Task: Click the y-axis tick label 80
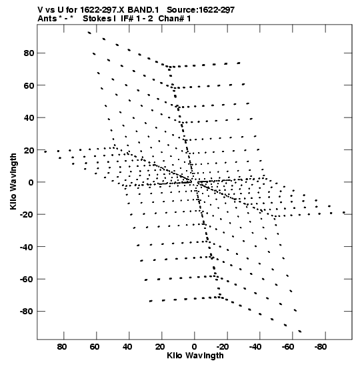pyautogui.click(x=29, y=53)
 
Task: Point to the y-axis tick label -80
pyautogui.click(x=27, y=311)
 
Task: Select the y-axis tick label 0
pyautogui.click(x=31, y=182)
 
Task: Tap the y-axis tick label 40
pyautogui.click(x=29, y=118)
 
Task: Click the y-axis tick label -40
pyautogui.click(x=27, y=247)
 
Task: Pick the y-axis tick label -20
pyautogui.click(x=27, y=214)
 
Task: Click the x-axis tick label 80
pyautogui.click(x=62, y=347)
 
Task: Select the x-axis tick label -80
pyautogui.click(x=321, y=347)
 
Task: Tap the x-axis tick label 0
pyautogui.click(x=194, y=347)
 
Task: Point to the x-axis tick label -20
pyautogui.click(x=223, y=347)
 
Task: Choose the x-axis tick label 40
pyautogui.click(x=127, y=347)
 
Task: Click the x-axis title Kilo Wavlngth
pyautogui.click(x=195, y=356)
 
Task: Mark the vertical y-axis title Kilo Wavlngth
pyautogui.click(x=13, y=181)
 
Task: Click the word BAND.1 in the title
pyautogui.click(x=143, y=10)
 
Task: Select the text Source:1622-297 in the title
pyautogui.click(x=201, y=10)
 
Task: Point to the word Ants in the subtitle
pyautogui.click(x=47, y=19)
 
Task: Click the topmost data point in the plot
pyautogui.click(x=89, y=33)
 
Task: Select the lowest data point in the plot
pyautogui.click(x=300, y=331)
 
